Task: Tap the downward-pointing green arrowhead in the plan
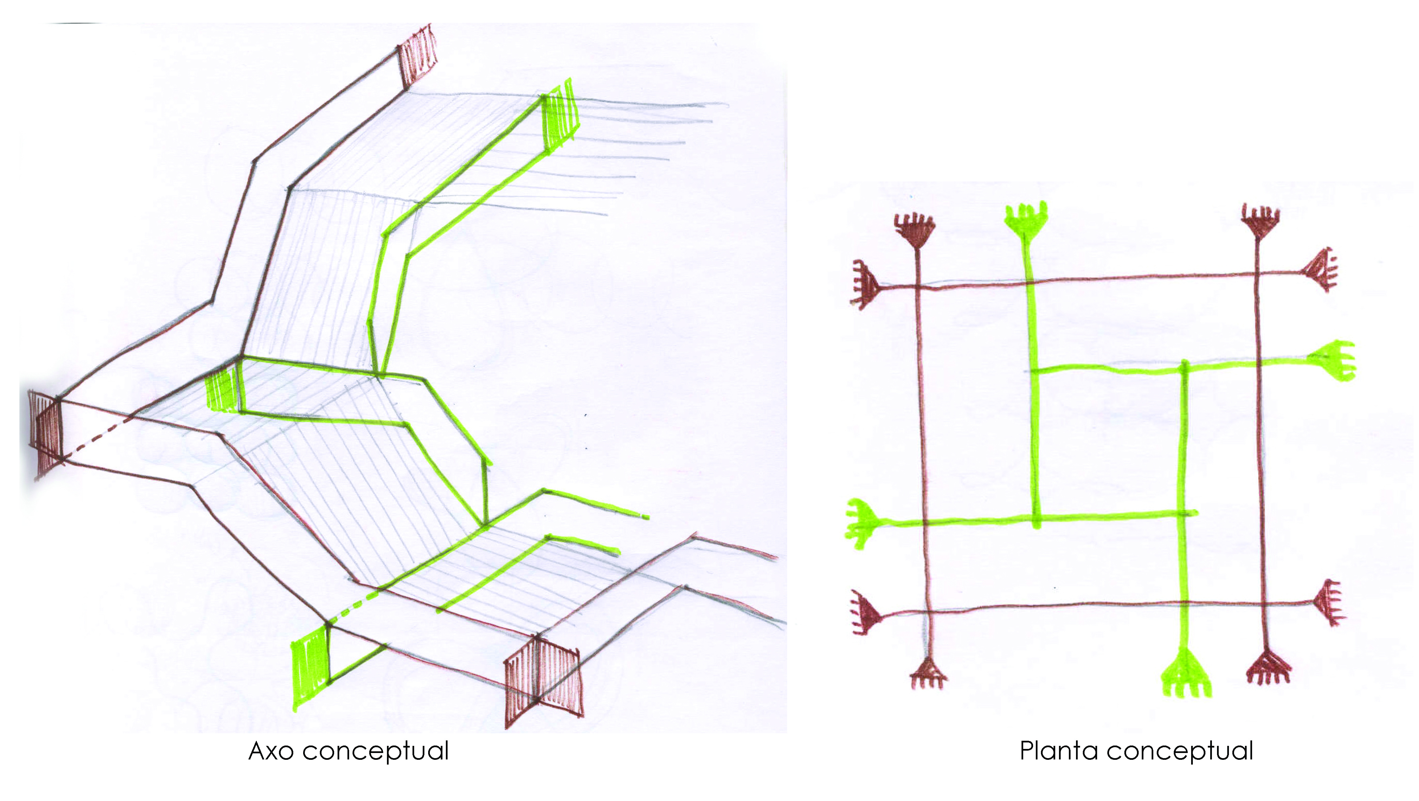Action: coord(1185,674)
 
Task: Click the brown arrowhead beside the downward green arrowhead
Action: coord(1268,668)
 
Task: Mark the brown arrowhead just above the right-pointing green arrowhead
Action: coord(1321,270)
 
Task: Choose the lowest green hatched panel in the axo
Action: coord(311,667)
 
